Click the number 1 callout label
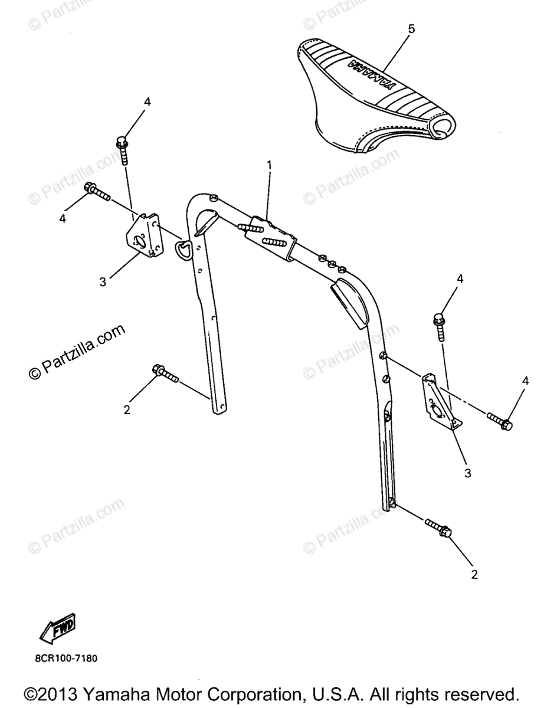click(x=269, y=166)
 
